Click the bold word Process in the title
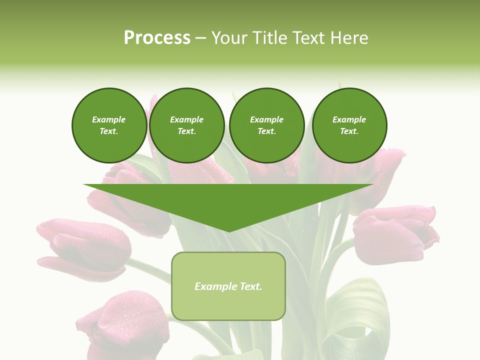(157, 38)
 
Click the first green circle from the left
(109, 125)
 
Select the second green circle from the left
(186, 125)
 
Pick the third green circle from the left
(266, 125)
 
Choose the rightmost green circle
(349, 125)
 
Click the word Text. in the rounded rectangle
(250, 286)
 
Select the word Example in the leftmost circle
(109, 119)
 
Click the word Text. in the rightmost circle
(349, 131)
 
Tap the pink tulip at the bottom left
(120, 320)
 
